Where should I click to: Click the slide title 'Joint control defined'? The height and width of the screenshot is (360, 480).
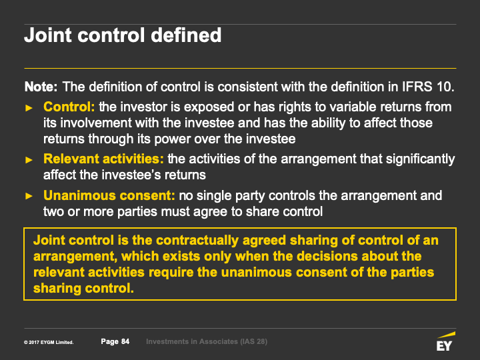pos(123,35)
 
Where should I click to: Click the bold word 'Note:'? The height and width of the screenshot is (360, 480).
pos(41,87)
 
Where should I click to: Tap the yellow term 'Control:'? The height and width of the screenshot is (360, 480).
pos(69,107)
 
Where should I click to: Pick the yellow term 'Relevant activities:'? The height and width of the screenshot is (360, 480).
pos(103,159)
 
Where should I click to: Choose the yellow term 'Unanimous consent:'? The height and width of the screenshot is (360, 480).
pos(109,195)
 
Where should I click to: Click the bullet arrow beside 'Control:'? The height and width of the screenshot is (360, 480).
pos(29,108)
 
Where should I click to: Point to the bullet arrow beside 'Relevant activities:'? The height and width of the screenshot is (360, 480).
pos(29,160)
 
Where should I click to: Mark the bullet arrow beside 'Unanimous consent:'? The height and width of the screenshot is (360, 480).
pos(29,196)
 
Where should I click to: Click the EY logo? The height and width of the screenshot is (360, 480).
pos(445,341)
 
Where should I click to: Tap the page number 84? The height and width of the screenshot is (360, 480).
pos(125,341)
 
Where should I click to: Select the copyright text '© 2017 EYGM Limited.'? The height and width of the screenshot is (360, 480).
pos(49,342)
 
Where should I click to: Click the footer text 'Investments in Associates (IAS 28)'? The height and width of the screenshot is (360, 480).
pos(207,341)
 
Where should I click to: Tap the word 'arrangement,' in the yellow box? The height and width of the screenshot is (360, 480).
pos(75,257)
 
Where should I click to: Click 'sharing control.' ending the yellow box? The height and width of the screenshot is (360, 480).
pos(83,289)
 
